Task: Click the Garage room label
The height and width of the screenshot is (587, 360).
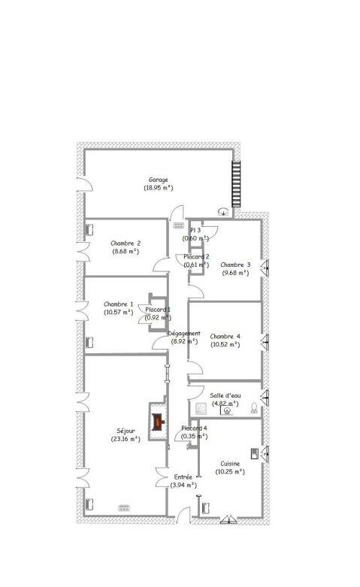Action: (158, 180)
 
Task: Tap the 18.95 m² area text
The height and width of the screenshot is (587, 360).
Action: (158, 188)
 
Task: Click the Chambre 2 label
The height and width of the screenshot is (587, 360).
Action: (126, 244)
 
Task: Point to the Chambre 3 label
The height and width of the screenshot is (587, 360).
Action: (234, 265)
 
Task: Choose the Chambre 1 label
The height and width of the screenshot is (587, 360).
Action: (119, 304)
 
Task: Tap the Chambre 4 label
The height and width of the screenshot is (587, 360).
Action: (225, 336)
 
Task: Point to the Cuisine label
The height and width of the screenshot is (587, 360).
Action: (230, 464)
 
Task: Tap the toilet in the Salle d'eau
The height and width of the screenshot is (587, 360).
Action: (254, 409)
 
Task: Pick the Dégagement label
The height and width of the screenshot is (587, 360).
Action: (183, 333)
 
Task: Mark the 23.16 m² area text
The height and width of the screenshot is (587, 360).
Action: (126, 439)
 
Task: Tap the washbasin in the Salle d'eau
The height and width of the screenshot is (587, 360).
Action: (228, 410)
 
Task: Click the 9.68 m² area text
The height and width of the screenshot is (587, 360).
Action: (234, 273)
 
